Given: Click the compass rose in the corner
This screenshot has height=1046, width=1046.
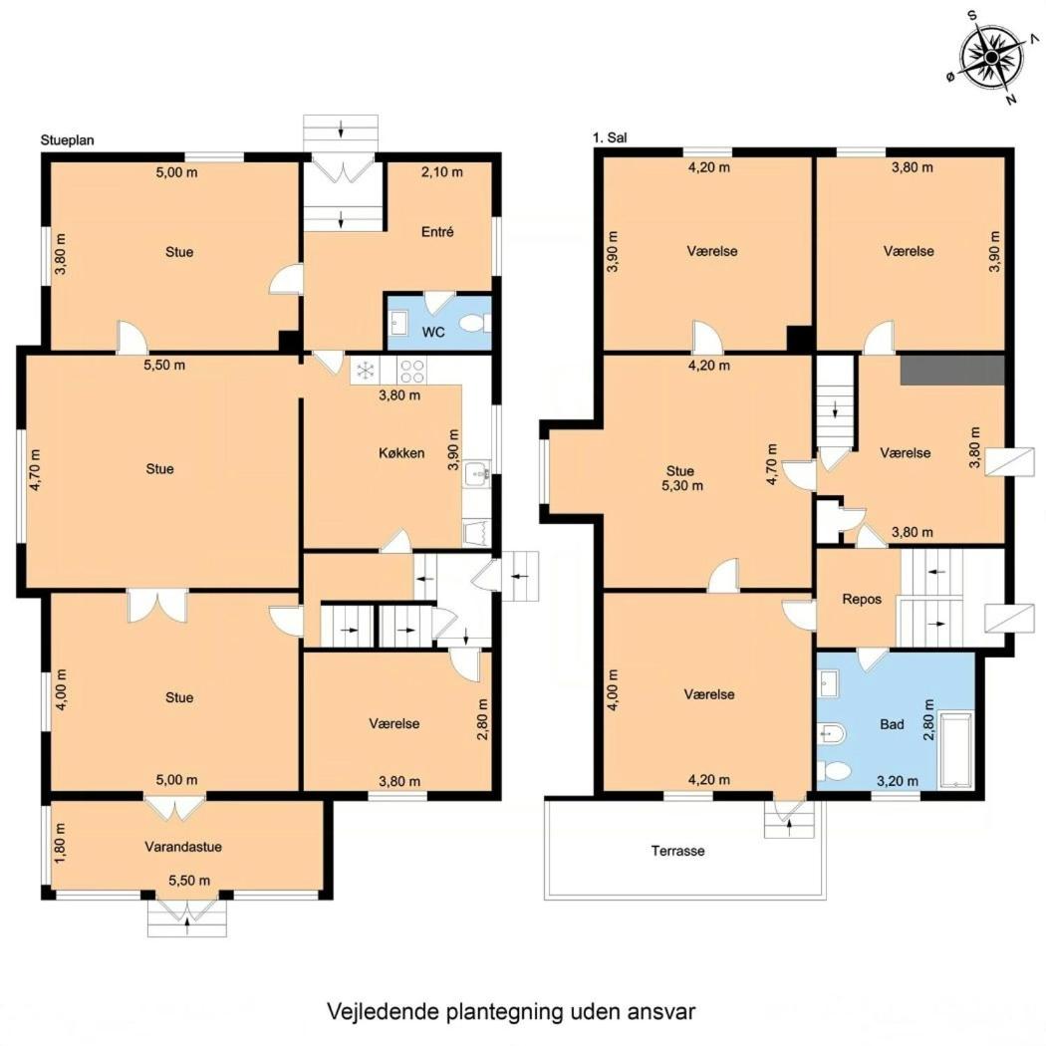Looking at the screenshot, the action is click(990, 59).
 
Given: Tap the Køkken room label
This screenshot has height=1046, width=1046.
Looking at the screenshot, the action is click(401, 453).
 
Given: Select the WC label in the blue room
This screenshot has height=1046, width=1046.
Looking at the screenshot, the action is click(433, 332).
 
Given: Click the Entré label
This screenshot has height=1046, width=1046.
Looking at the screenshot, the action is click(437, 231).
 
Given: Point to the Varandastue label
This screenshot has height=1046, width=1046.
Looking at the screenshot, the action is click(183, 847).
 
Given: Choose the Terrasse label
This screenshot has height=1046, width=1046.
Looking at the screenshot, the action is click(677, 851).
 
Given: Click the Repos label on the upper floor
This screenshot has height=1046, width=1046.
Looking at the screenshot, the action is click(862, 599).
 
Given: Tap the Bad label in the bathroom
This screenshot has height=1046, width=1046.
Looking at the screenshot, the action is click(892, 724).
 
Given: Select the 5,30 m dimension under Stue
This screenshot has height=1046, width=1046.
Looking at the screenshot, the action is click(682, 486).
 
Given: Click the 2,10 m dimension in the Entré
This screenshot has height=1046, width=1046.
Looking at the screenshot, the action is click(442, 172).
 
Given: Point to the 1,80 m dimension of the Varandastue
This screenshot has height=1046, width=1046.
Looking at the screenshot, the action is click(61, 843).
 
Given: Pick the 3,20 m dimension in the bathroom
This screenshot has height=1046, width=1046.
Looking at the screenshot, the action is click(898, 780).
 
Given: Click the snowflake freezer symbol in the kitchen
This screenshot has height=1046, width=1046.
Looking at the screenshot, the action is click(366, 371).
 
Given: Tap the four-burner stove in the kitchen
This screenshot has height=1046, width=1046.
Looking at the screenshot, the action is click(412, 371).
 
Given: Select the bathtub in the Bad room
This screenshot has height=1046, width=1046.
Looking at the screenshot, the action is click(956, 750).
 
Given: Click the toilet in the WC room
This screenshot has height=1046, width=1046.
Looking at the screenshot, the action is click(475, 324).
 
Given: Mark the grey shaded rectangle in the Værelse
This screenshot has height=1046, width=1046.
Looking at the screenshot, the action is click(952, 370).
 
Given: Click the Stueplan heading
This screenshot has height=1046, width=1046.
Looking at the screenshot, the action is click(68, 140).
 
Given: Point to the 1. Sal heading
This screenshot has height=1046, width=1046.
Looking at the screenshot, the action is click(610, 138).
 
